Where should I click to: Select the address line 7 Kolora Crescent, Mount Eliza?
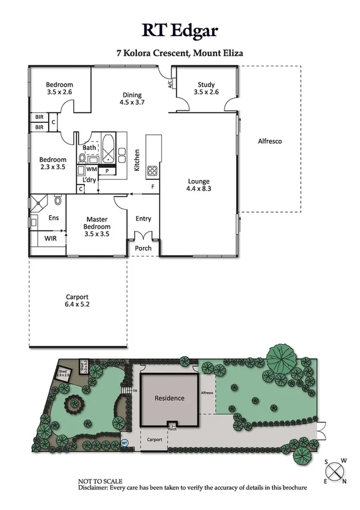[x=180, y=53]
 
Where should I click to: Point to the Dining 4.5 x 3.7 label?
[x=132, y=99]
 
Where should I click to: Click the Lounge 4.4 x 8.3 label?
[x=198, y=184]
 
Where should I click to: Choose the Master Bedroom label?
[x=97, y=227]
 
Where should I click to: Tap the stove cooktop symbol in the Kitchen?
[x=153, y=170]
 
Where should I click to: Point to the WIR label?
[x=50, y=238]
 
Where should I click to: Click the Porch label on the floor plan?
[x=143, y=248]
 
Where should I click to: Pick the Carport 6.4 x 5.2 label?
[x=77, y=301]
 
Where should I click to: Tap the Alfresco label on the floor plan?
[x=270, y=142]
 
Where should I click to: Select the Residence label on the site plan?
[x=169, y=398]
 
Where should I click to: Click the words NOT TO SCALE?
[x=100, y=481]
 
